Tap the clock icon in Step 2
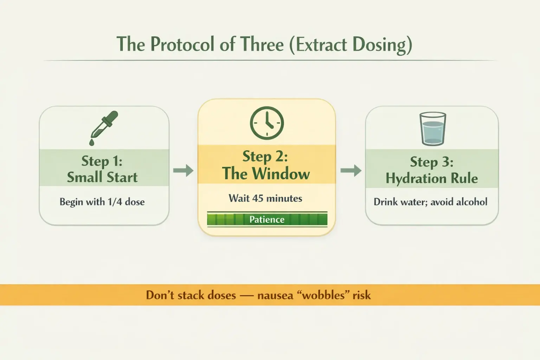coord(267,123)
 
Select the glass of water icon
coord(433,129)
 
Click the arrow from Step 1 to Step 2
coord(184,171)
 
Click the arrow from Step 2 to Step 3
coord(351,171)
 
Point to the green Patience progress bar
coord(267,219)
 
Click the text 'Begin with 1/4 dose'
coord(102,202)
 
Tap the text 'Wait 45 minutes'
coord(265,198)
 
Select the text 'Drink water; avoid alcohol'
coord(430,202)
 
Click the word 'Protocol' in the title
coord(182,45)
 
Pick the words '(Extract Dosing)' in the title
coord(351,45)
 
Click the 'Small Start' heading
coord(102,177)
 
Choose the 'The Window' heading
coord(266,173)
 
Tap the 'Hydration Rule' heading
coord(432,178)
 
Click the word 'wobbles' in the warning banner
coord(323,295)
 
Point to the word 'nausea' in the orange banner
coord(275,295)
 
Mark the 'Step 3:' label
coord(432,162)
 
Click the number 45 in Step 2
coord(258,198)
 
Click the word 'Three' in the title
coord(262,45)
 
